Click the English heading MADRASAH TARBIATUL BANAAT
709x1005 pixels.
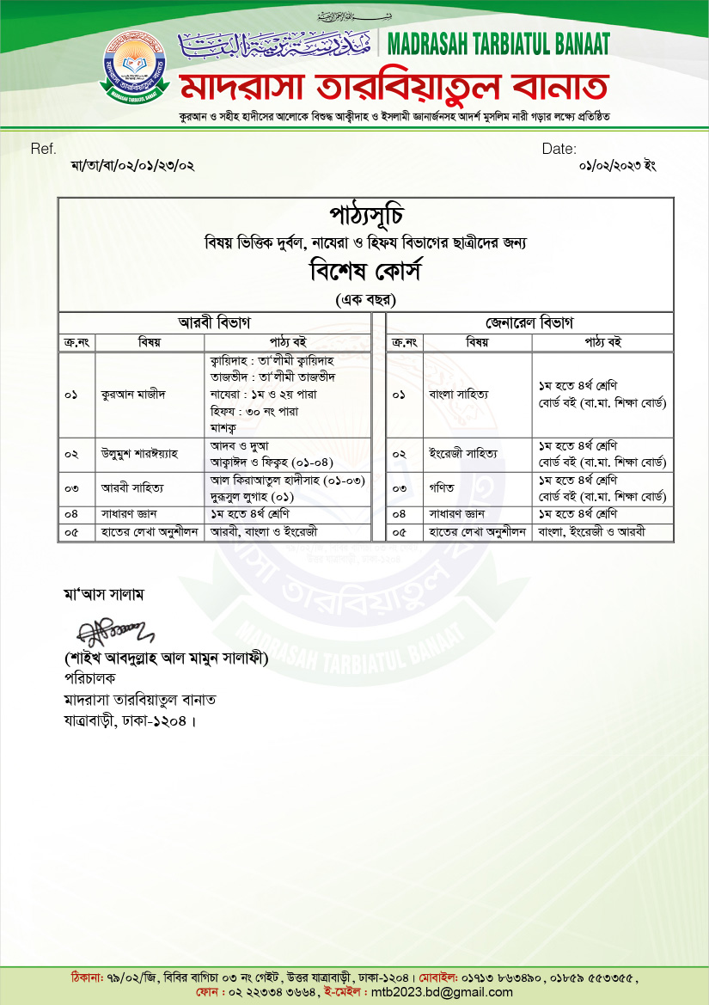(499, 42)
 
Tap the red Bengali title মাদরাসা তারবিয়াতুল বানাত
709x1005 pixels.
(394, 87)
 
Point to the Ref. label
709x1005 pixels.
(43, 149)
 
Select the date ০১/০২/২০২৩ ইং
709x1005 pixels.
(618, 165)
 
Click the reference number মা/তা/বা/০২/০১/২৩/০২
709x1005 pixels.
(133, 165)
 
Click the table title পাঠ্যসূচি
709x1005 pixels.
(365, 214)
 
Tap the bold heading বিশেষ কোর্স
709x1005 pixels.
(365, 272)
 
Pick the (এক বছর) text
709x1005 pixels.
(365, 299)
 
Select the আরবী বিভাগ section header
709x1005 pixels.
(214, 322)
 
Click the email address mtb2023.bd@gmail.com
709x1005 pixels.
(442, 992)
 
